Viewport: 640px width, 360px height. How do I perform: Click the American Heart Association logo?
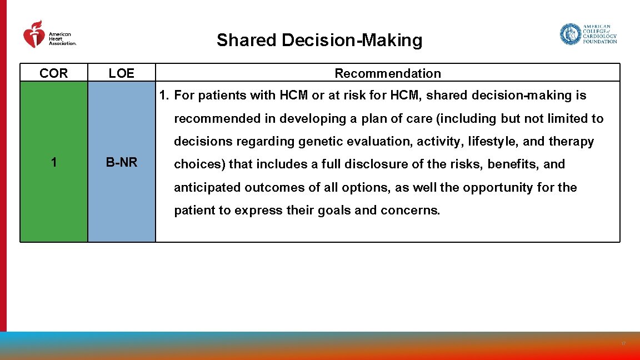(x=49, y=34)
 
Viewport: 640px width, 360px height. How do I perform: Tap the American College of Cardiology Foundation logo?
(x=588, y=34)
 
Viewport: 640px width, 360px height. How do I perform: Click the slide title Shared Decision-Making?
(x=319, y=41)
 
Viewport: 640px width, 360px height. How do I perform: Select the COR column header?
(x=54, y=73)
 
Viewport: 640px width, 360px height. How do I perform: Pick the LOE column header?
(x=121, y=73)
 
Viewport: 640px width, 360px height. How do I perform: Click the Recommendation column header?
(x=388, y=73)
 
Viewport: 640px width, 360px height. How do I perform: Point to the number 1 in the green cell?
(x=54, y=163)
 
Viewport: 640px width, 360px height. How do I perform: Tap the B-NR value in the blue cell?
(x=122, y=163)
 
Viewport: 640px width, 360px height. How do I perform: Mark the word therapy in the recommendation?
(x=571, y=142)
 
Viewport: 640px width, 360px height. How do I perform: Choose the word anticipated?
(x=206, y=188)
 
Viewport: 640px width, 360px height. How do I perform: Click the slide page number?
(x=623, y=344)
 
